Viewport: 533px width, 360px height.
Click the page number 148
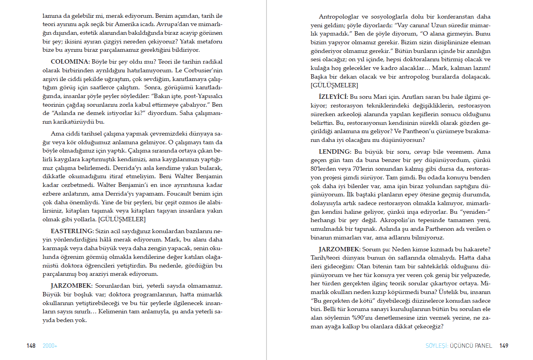click(31, 346)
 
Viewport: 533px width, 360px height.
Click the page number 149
click(504, 346)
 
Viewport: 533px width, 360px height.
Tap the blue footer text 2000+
click(50, 346)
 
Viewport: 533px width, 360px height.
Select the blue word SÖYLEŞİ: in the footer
click(437, 346)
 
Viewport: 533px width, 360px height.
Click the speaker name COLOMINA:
click(70, 62)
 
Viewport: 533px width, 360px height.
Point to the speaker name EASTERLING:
click(72, 231)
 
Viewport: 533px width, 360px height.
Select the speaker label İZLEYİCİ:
click(333, 97)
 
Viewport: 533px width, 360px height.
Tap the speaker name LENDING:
click(335, 152)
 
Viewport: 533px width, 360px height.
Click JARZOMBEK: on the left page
click(71, 286)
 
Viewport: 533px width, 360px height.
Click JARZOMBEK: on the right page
click(339, 249)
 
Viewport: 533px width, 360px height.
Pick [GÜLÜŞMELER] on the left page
click(122, 219)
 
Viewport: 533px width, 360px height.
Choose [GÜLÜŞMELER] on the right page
click(334, 85)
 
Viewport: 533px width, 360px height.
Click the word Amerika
click(126, 25)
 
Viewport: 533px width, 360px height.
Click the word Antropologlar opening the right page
click(338, 17)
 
